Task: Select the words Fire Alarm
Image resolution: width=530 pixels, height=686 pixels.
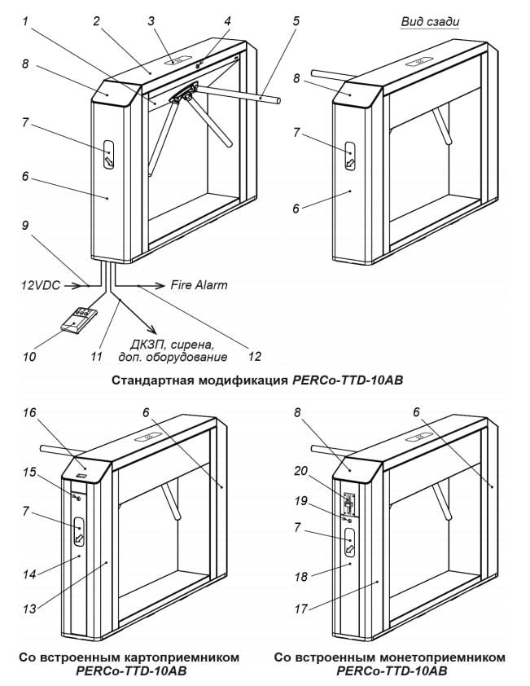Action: tap(199, 285)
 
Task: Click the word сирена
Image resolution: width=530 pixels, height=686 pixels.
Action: tap(195, 341)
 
